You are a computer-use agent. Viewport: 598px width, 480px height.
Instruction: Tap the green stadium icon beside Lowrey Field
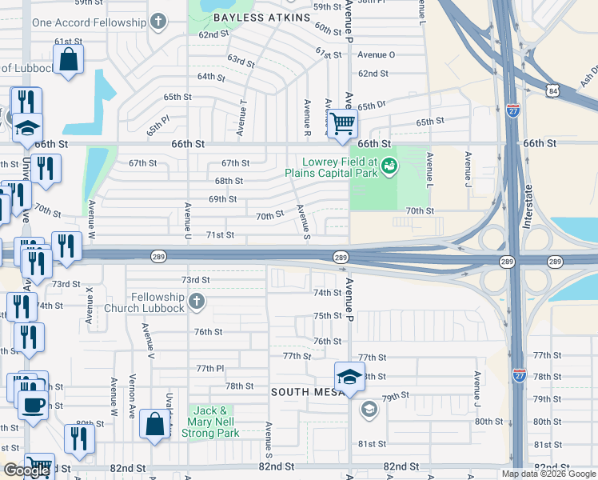[x=389, y=166]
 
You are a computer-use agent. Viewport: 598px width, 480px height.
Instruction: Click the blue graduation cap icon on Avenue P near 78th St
[x=349, y=377]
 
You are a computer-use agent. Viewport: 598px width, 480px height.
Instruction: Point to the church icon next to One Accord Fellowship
[x=159, y=22]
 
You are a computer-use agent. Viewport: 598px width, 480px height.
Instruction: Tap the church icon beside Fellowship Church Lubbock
[x=198, y=302]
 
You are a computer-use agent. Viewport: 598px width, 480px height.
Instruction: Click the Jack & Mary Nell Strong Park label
[x=211, y=422]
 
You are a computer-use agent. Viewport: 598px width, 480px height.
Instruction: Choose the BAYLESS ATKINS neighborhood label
[x=249, y=17]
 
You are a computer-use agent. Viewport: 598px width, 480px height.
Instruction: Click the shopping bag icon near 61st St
[x=69, y=58]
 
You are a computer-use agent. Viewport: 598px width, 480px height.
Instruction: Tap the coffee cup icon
[x=32, y=404]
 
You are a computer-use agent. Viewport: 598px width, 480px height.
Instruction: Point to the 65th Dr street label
[x=372, y=106]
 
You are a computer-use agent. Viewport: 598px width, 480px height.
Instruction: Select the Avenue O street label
[x=376, y=54]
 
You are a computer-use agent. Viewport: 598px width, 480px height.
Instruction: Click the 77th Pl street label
[x=210, y=368]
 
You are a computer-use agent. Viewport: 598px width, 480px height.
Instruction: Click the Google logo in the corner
[x=26, y=470]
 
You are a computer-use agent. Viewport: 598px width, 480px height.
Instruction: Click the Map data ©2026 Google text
[x=547, y=474]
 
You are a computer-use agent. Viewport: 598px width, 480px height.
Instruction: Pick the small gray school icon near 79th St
[x=369, y=410]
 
